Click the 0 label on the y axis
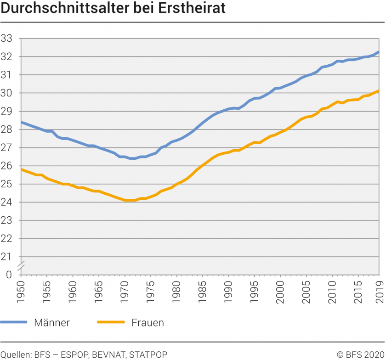9,275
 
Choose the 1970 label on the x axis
124,290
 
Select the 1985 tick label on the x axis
201,290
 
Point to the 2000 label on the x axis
278,290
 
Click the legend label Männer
52,322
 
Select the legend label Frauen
148,322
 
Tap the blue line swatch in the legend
14,322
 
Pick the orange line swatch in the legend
110,322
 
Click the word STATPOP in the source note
148,354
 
